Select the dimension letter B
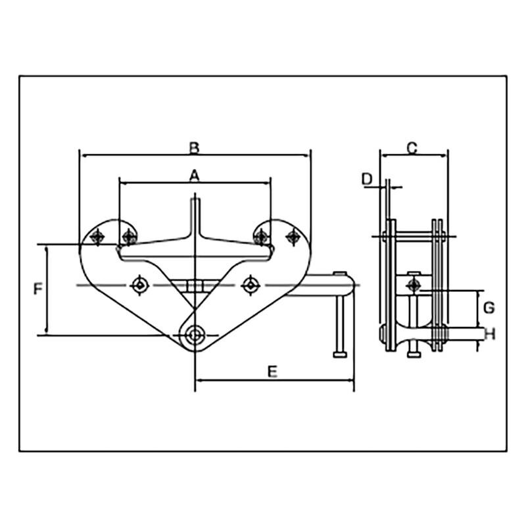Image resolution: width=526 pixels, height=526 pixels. (194, 147)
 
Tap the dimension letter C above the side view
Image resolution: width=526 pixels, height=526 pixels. (412, 148)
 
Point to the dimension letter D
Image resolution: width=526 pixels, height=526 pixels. (368, 179)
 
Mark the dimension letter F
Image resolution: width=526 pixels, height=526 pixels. (38, 289)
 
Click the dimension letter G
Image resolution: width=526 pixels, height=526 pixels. (489, 307)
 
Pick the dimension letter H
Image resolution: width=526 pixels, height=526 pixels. (489, 335)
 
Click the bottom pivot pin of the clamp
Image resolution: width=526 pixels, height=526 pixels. (194, 335)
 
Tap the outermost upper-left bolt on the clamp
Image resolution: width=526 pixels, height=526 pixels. (98, 236)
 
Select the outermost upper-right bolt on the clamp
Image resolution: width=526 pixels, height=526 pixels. (292, 235)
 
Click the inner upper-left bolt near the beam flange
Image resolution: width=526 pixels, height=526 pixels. (128, 236)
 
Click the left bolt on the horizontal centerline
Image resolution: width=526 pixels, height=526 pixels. (139, 285)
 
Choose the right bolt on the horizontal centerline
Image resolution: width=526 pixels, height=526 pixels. (249, 285)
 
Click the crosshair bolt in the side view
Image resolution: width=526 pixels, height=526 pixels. (414, 285)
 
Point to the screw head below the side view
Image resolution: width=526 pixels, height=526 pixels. (413, 354)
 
